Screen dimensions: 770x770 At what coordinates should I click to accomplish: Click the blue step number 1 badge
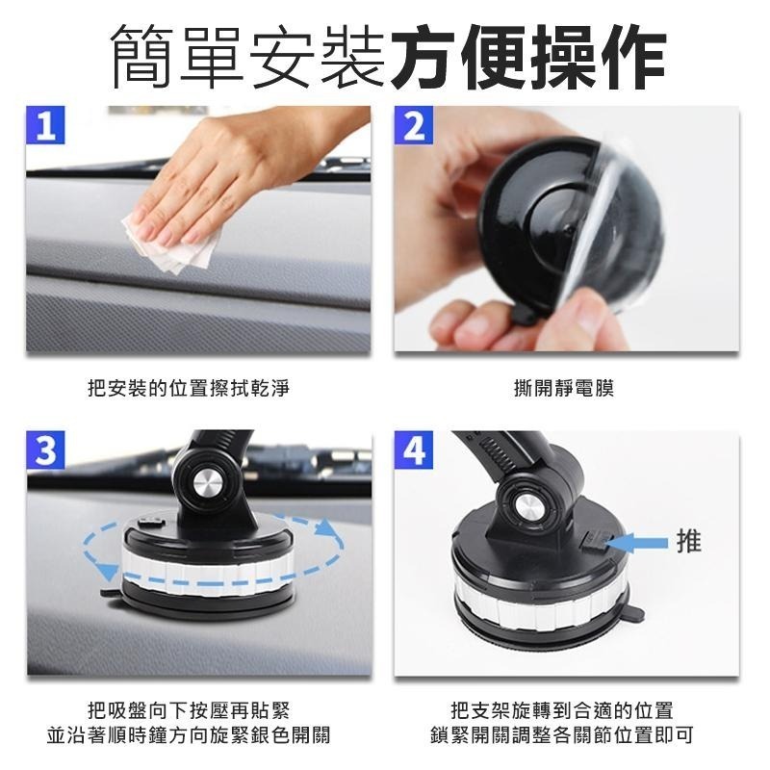click(x=44, y=125)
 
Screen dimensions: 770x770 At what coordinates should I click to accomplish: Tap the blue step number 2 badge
click(x=414, y=125)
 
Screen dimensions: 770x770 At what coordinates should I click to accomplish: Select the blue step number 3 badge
click(x=45, y=450)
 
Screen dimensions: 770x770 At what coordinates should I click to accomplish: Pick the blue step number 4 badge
click(x=414, y=450)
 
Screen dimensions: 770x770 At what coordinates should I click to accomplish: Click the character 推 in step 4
click(x=688, y=542)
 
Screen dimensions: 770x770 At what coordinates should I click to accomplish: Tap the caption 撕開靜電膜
click(x=564, y=388)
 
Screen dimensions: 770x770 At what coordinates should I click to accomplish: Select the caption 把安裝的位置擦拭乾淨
click(x=189, y=388)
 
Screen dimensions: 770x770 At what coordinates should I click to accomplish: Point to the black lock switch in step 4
click(x=594, y=542)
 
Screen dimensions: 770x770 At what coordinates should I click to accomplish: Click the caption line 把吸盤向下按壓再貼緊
click(x=189, y=711)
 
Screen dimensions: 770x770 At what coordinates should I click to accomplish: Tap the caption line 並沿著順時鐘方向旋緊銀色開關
click(x=189, y=736)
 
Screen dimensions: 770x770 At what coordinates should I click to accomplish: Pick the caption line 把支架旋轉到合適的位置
click(x=564, y=711)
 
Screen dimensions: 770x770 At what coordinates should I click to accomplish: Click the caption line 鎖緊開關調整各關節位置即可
click(x=564, y=736)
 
